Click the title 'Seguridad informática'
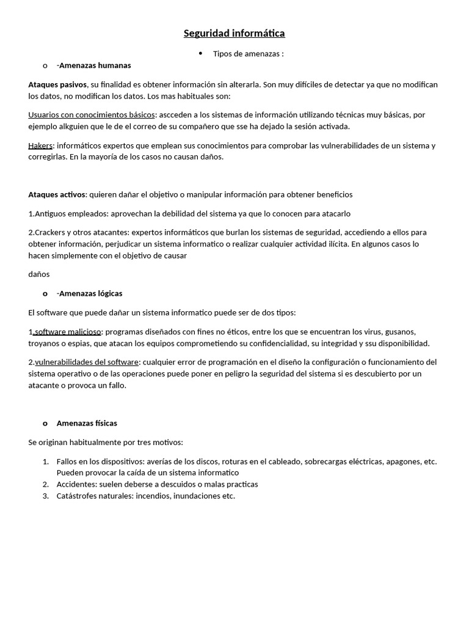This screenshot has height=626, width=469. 234,33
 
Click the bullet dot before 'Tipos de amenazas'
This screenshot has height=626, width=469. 201,54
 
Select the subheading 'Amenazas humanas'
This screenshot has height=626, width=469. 95,65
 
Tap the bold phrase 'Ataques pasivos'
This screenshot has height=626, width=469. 57,84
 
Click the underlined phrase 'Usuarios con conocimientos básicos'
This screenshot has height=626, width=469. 92,114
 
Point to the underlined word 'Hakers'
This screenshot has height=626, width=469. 40,145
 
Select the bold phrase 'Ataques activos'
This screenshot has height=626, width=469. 57,194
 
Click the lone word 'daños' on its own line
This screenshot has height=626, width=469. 39,274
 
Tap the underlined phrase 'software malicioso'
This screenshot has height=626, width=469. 67,331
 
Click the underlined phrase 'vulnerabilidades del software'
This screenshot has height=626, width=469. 87,362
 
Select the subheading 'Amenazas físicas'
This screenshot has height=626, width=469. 87,423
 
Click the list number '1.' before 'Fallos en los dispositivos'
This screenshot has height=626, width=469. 46,462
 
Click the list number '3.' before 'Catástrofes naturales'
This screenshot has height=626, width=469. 46,496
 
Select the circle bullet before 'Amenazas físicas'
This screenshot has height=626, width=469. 45,423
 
